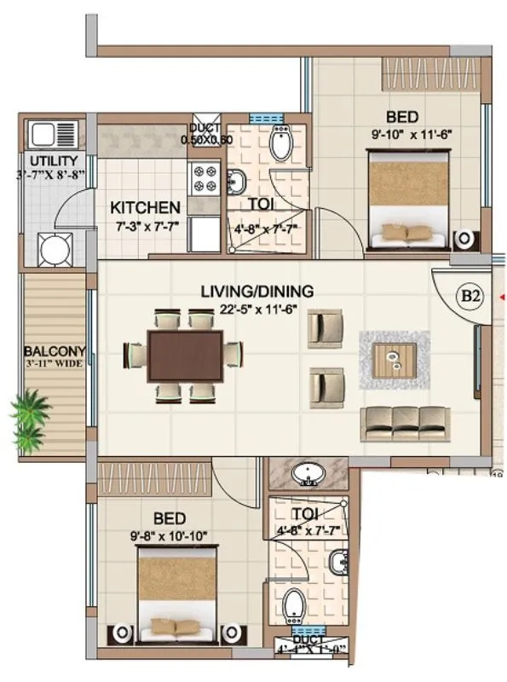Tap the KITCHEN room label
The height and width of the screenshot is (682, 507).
click(146, 207)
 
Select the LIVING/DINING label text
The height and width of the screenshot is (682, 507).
click(256, 292)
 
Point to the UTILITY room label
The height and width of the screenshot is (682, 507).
click(54, 161)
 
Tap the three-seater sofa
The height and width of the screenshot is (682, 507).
click(405, 421)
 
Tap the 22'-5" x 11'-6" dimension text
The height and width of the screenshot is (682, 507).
click(256, 308)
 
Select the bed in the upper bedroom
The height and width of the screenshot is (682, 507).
click(406, 199)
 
